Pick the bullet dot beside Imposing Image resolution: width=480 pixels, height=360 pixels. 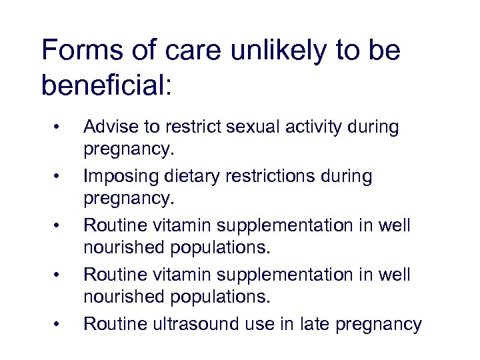[x=59, y=177]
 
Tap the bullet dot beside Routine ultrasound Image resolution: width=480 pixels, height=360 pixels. [x=59, y=325]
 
